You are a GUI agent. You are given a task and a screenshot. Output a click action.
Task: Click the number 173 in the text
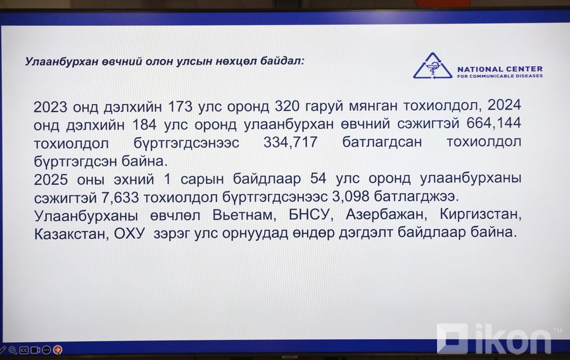pos(180,106)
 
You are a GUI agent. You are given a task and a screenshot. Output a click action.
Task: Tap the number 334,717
pos(291,142)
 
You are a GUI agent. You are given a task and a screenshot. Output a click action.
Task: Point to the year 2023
pos(51,107)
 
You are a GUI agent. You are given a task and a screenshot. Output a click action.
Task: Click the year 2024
pos(504,105)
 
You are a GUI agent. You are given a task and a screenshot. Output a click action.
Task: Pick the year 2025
pos(51,179)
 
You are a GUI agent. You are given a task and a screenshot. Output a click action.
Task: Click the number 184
pos(144,125)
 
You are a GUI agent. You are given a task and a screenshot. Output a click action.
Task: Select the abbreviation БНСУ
pos(311,215)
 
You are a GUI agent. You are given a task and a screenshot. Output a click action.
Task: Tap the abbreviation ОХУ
pos(129,233)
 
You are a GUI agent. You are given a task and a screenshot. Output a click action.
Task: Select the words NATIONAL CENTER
pos(500,68)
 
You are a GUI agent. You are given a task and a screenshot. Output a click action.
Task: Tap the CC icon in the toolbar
pos(24,350)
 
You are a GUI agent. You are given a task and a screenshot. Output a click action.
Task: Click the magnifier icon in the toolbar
pos(13,350)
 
